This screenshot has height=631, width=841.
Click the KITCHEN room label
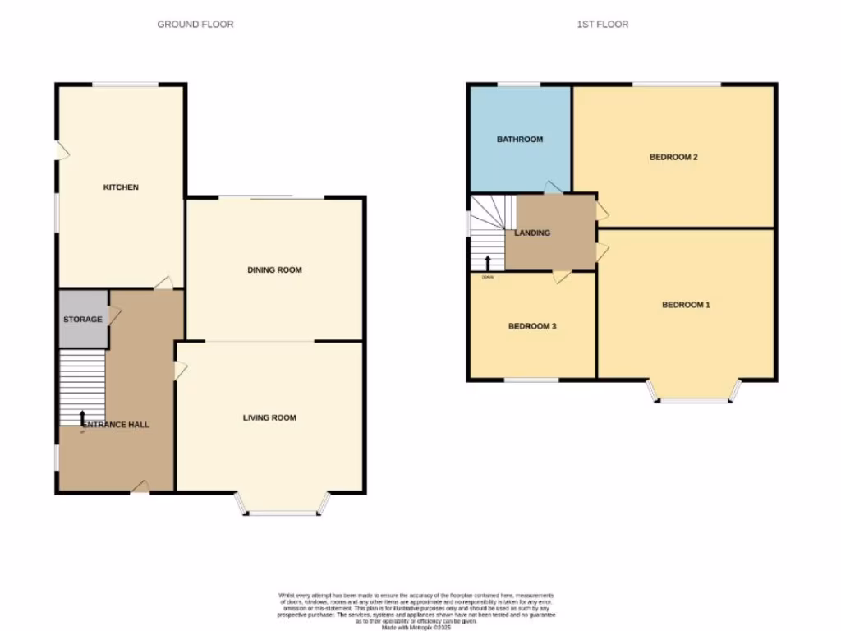(x=121, y=187)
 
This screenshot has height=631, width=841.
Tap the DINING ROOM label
(x=274, y=269)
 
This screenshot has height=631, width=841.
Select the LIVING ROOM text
(x=269, y=417)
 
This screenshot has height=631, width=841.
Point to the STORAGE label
(x=83, y=319)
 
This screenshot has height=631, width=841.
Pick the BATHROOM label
(x=520, y=140)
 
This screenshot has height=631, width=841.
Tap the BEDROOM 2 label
(x=673, y=157)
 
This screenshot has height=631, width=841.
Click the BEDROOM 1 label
(x=686, y=305)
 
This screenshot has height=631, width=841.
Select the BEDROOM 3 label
(x=532, y=326)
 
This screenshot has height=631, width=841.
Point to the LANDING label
(x=532, y=233)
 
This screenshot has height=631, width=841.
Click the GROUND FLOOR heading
(x=195, y=25)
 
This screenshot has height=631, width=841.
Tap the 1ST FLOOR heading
(x=602, y=25)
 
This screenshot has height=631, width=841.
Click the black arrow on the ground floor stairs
(x=82, y=420)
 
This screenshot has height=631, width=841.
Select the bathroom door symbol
(x=554, y=188)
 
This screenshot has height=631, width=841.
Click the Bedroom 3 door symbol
(x=561, y=277)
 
